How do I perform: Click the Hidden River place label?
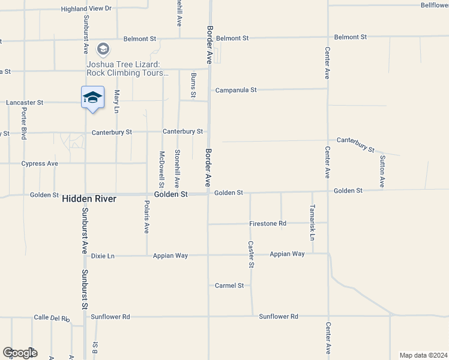tap(89, 197)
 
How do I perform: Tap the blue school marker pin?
tap(92, 98)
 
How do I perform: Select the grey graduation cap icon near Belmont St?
tap(103, 49)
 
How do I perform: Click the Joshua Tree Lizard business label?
tap(128, 68)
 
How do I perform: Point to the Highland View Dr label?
tap(86, 8)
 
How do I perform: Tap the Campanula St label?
tap(236, 90)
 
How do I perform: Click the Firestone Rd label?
tap(268, 224)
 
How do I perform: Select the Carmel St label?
tap(229, 286)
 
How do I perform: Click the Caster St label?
tap(251, 254)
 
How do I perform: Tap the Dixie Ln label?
tap(103, 256)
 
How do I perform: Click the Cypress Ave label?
tap(40, 163)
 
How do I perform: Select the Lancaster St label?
tap(25, 103)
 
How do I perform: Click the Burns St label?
tap(193, 85)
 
